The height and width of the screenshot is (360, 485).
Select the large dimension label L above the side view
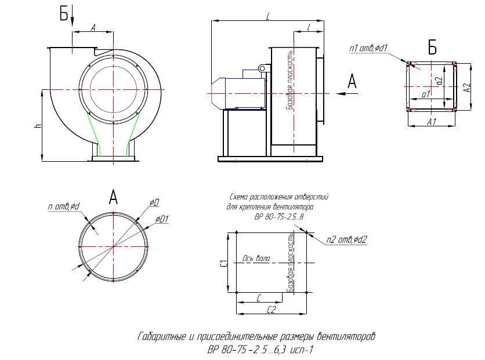(268, 16)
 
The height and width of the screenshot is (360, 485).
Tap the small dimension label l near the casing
(309, 27)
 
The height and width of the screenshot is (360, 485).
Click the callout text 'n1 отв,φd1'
(368, 48)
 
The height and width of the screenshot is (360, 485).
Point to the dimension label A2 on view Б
(467, 87)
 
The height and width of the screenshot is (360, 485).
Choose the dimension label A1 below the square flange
(431, 122)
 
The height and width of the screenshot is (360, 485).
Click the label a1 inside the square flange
(426, 94)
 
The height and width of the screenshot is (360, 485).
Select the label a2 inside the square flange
(439, 81)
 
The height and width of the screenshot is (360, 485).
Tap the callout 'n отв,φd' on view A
(64, 206)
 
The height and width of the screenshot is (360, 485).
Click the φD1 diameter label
(162, 219)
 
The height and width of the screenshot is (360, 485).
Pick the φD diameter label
(154, 203)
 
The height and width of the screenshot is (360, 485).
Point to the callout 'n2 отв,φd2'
(347, 239)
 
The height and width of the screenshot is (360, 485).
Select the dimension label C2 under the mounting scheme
(271, 310)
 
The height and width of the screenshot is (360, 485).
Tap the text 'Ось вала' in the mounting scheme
(256, 259)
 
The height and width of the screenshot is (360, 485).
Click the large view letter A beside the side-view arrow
(352, 82)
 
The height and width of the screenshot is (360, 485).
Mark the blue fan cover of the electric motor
(218, 93)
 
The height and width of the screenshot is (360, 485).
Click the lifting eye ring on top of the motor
(262, 68)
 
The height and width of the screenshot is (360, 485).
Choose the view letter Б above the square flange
(432, 48)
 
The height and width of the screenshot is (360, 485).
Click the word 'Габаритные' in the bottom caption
(161, 336)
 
